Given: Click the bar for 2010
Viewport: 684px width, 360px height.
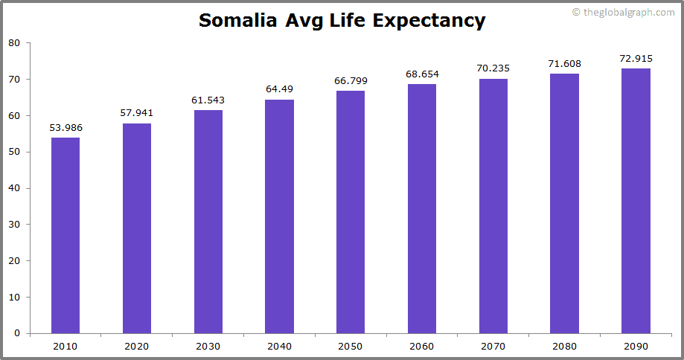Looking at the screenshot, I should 65,235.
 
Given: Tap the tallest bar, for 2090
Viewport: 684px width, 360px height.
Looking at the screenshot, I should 636,201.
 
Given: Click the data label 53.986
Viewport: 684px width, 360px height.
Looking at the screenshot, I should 65,128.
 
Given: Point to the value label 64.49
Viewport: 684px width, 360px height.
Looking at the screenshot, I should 280,90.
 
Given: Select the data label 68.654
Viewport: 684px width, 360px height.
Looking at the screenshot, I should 422,74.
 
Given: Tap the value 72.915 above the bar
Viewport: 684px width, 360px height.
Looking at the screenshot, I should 636,59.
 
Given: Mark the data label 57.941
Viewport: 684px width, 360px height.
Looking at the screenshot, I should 137,113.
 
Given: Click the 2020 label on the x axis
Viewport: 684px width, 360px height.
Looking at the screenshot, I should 137,347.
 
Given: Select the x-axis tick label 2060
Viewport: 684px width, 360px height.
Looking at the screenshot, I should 422,347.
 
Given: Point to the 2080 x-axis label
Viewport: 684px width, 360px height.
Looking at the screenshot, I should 565,347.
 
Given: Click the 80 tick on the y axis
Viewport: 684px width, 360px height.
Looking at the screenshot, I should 14,43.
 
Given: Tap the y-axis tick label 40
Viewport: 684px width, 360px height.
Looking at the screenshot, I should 14,188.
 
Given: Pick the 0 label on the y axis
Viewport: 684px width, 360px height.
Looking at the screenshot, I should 17,334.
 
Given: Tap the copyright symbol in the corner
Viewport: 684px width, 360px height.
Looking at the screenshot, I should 576,12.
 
